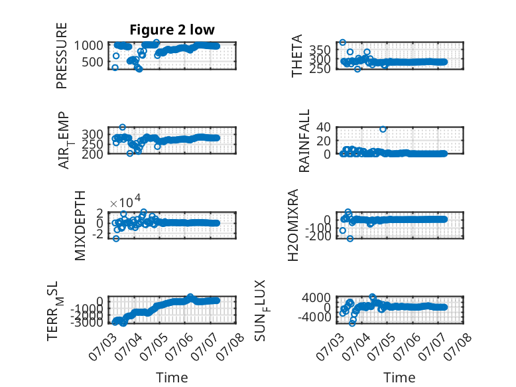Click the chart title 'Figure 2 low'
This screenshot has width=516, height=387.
click(172, 30)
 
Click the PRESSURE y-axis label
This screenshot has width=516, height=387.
click(62, 56)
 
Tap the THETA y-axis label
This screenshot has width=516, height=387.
click(297, 56)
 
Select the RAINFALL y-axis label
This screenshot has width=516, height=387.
click(304, 141)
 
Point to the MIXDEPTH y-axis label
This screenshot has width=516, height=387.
click(80, 226)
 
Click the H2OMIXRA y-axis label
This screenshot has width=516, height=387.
click(293, 225)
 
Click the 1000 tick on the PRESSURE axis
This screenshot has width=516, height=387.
click(88, 45)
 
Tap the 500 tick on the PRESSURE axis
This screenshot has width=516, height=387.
click(92, 62)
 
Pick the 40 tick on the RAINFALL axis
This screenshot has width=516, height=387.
click(324, 127)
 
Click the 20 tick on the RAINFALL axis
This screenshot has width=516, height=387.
click(324, 141)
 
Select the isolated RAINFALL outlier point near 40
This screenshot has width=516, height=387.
click(383, 129)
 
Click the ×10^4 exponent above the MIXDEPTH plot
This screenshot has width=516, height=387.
click(125, 202)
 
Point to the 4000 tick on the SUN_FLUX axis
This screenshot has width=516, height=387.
click(316, 298)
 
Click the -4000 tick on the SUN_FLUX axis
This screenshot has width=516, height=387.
click(314, 317)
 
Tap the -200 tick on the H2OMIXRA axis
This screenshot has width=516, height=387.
click(318, 236)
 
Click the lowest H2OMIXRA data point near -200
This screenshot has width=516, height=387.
click(350, 238)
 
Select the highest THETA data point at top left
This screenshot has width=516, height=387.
click(343, 42)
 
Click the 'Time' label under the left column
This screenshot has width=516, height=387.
click(172, 377)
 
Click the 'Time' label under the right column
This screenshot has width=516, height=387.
click(399, 377)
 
